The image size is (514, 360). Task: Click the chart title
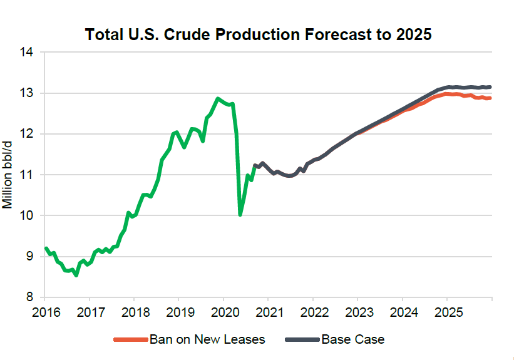tap(259, 34)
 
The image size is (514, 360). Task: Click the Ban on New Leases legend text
tap(207, 340)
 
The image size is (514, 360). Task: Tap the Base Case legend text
tap(353, 340)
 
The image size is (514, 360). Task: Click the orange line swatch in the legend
tap(130, 340)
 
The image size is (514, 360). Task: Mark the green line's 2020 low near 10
tap(240, 215)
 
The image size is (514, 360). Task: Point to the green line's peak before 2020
tap(217, 98)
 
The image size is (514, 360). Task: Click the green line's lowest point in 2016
tap(76, 275)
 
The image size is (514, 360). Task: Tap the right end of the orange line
tap(490, 98)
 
